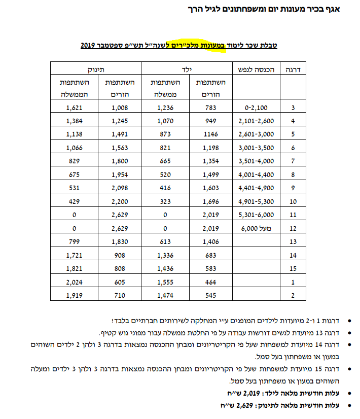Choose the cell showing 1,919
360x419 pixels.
[x=74, y=294]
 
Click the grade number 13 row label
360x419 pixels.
[x=293, y=241]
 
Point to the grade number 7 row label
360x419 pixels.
[x=293, y=161]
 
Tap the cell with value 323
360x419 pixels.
[x=165, y=201]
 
